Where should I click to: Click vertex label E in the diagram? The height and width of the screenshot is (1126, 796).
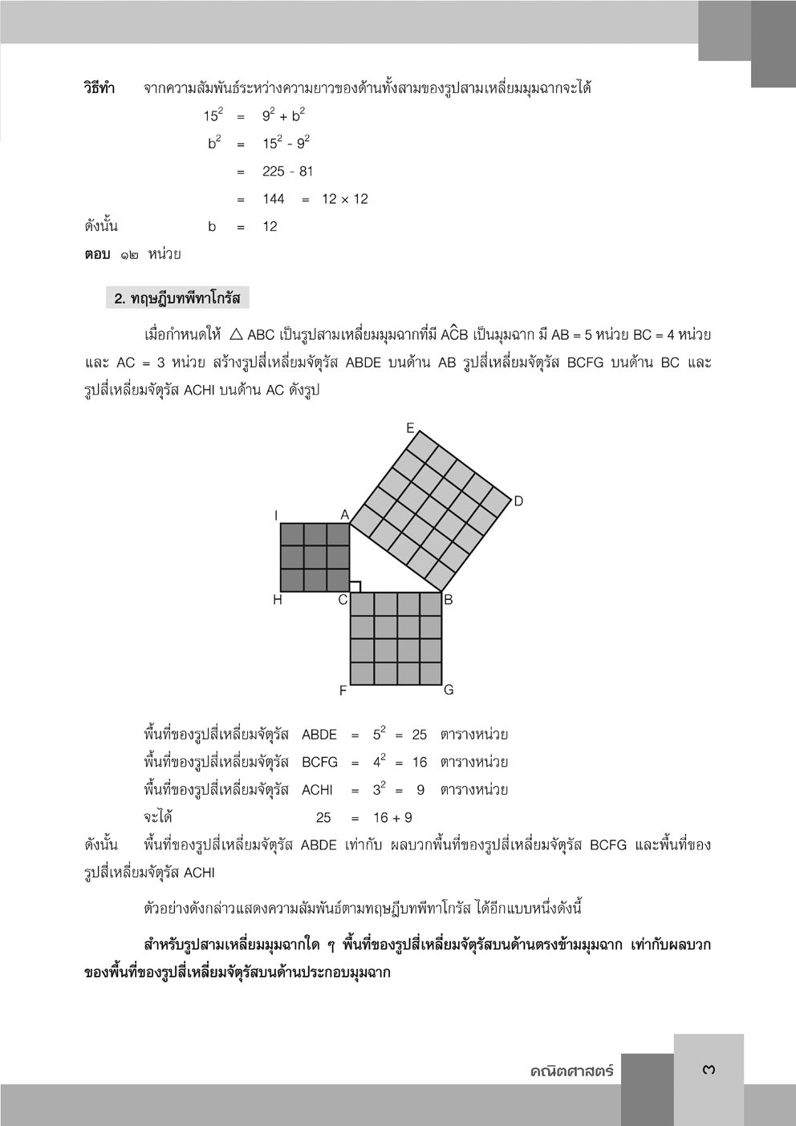(410, 428)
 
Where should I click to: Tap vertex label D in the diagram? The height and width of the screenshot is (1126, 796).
(518, 501)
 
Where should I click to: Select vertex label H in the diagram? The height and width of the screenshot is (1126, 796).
(278, 599)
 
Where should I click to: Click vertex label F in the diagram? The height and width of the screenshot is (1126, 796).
(343, 691)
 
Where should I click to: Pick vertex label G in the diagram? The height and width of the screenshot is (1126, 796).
(449, 690)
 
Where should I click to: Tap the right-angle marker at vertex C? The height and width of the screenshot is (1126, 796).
(355, 586)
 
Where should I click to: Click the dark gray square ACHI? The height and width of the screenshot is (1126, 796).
(315, 557)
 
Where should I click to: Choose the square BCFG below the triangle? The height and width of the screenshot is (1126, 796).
(396, 638)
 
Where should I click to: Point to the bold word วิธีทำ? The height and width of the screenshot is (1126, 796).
(99, 87)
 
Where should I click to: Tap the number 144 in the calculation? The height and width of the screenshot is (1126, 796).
(274, 199)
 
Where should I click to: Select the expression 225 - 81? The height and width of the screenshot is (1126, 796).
(288, 171)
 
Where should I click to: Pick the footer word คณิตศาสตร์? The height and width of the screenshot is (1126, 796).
(571, 1071)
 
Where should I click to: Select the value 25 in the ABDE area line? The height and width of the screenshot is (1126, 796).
(420, 735)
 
